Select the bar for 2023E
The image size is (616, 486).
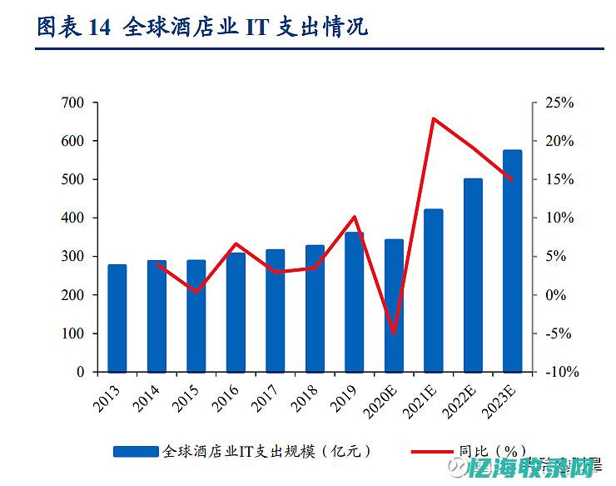click(x=513, y=261)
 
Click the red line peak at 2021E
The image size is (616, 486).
click(x=434, y=118)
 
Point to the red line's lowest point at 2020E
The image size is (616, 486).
click(x=394, y=333)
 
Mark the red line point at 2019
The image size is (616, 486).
click(x=355, y=217)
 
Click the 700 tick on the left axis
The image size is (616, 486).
click(x=73, y=103)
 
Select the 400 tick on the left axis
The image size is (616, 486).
click(x=73, y=218)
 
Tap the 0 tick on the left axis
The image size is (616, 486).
click(x=81, y=373)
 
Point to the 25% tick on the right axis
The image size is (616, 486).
click(x=559, y=103)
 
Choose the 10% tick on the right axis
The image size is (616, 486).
click(x=559, y=218)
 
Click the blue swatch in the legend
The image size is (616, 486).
click(x=136, y=451)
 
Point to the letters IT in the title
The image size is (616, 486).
click(x=255, y=28)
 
